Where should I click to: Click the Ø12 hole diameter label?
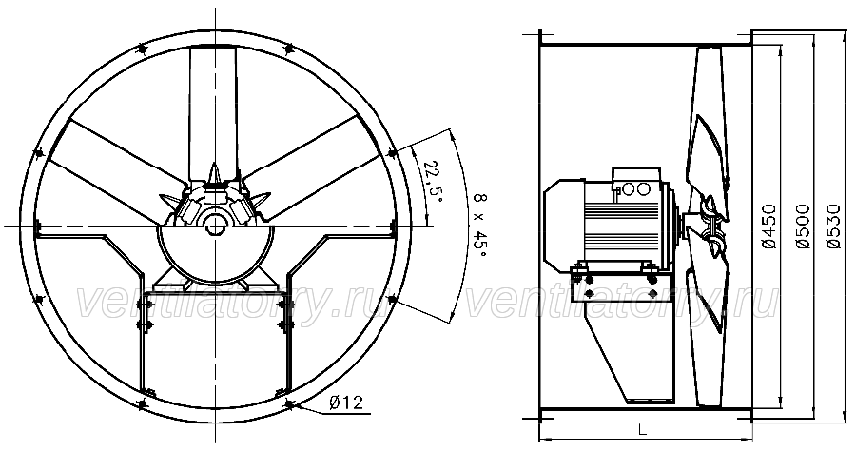346,403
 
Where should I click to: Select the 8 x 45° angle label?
479,226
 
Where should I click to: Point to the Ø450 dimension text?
768,226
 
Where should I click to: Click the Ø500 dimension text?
803,226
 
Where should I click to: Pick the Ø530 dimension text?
833,226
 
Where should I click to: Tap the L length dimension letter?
643,429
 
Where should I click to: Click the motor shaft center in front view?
216,225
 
